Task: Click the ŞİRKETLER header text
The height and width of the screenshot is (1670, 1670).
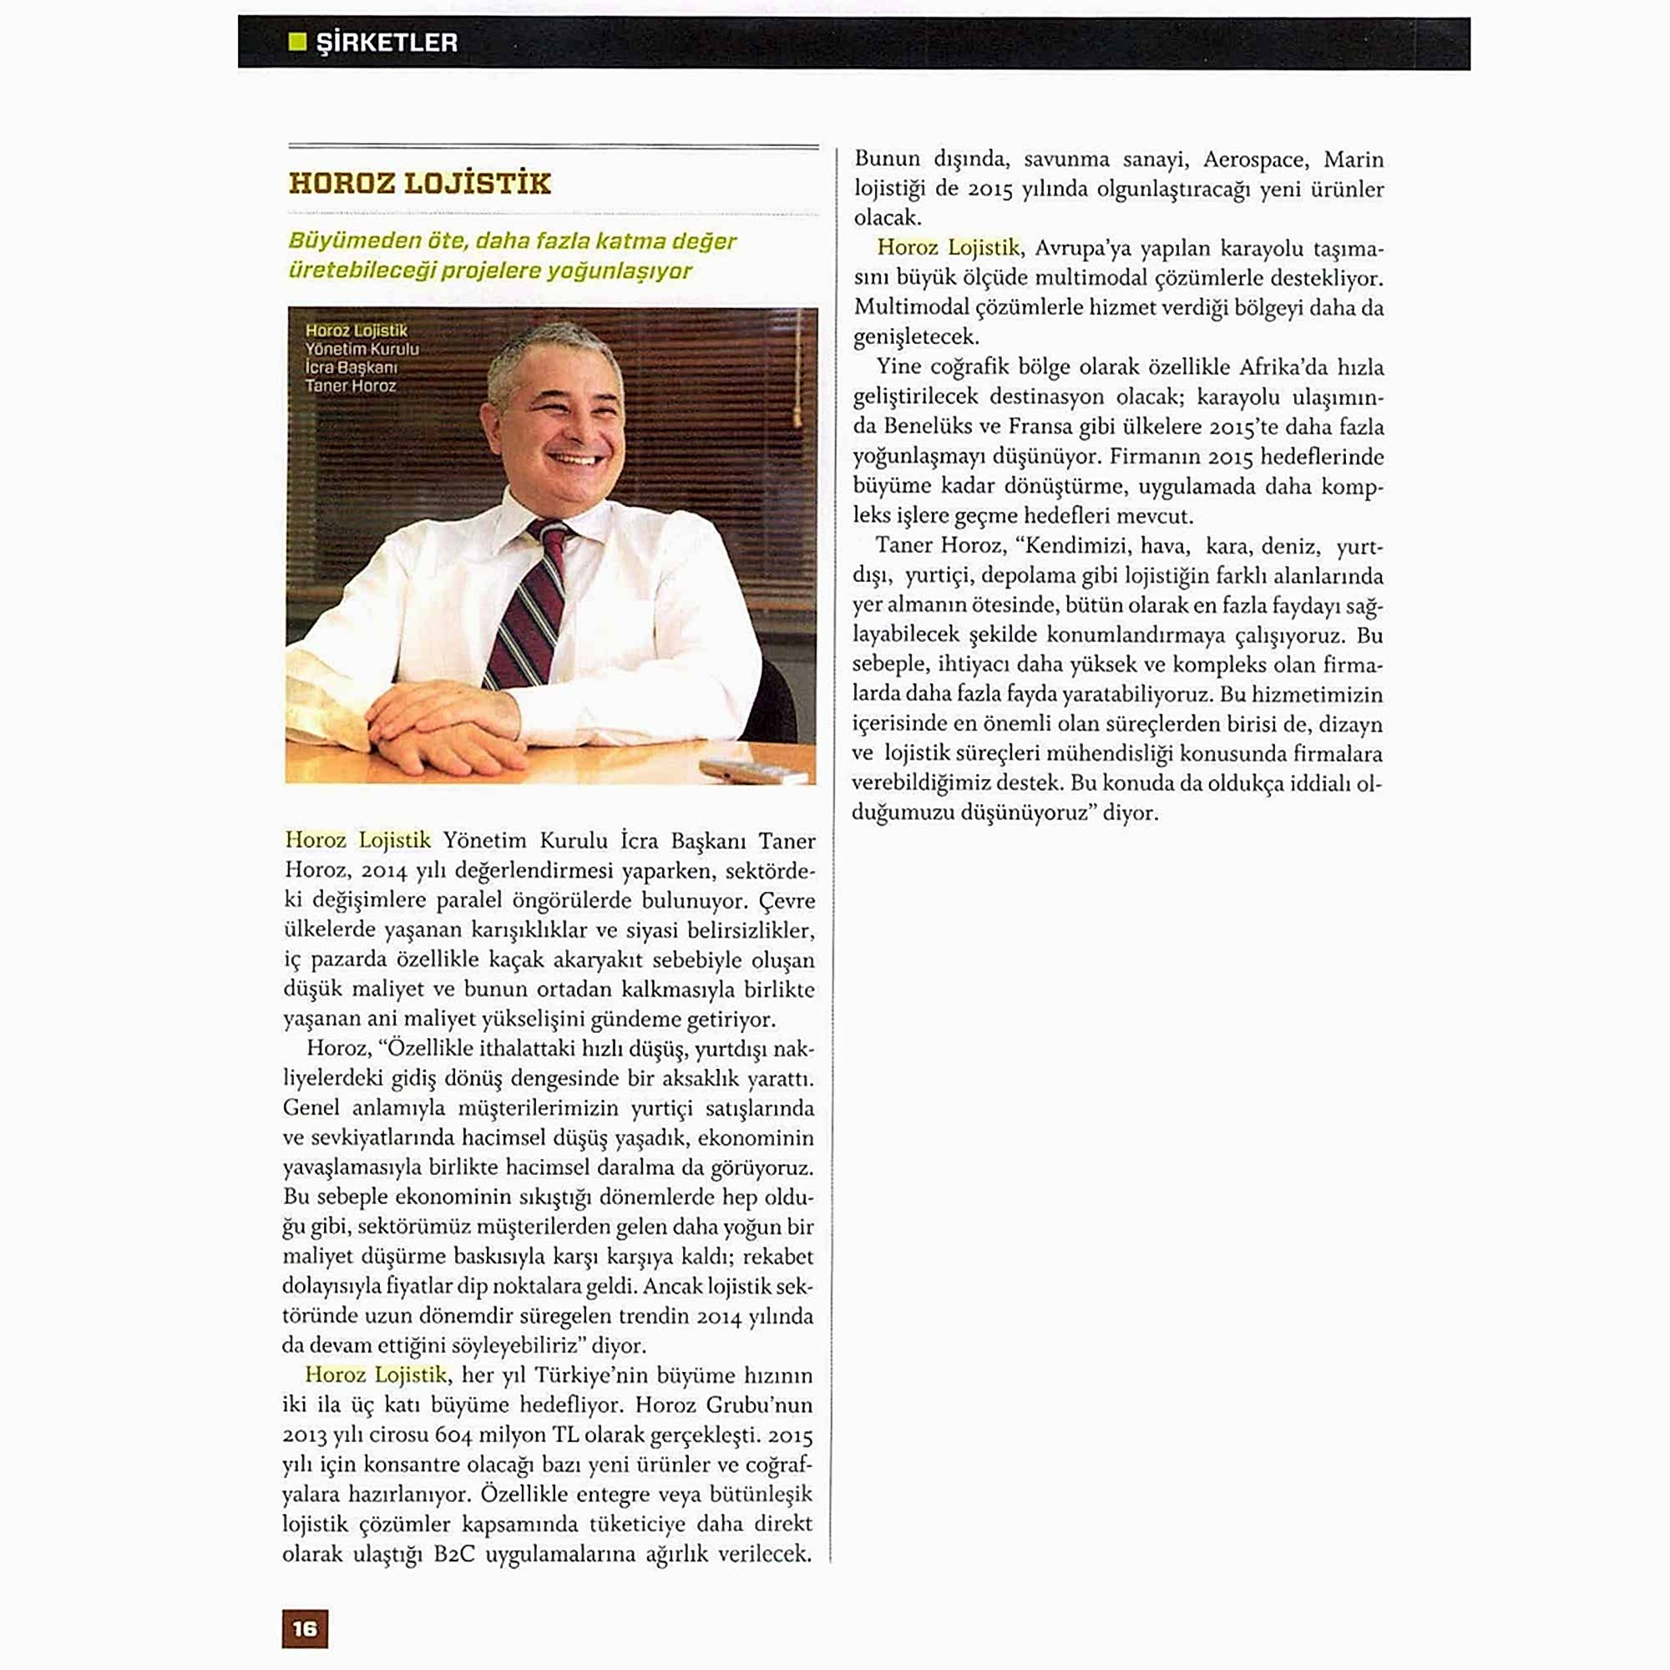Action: pyautogui.click(x=387, y=43)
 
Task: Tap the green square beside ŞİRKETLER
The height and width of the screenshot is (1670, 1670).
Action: pyautogui.click(x=297, y=42)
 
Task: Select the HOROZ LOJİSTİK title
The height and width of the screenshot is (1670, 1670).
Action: pyautogui.click(x=419, y=183)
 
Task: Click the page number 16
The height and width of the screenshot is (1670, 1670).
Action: pyautogui.click(x=304, y=1628)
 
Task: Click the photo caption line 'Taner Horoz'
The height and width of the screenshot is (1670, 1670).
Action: pyautogui.click(x=350, y=386)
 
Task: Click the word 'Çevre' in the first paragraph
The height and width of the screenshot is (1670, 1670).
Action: pyautogui.click(x=787, y=901)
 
